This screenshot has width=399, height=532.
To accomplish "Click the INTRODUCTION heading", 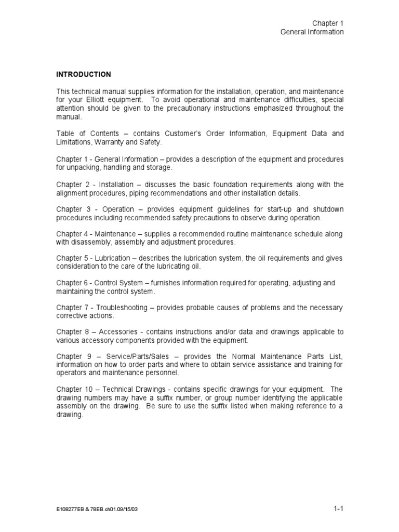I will click(x=84, y=74).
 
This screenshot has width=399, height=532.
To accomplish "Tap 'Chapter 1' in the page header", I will click(x=328, y=23).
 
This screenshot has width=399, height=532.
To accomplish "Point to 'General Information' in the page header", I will click(x=312, y=32).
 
